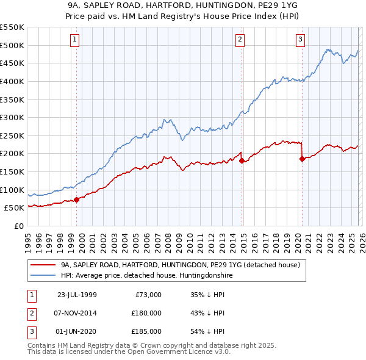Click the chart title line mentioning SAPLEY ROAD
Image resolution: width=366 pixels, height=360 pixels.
tap(182, 7)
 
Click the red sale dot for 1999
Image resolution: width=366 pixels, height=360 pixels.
tap(77, 200)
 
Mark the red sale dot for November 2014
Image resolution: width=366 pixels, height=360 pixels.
tap(242, 161)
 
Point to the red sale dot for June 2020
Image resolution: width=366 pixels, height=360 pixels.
tap(302, 159)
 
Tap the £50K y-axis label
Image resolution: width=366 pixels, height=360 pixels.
tap(14, 208)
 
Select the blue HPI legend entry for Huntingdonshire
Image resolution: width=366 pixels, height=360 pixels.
tap(146, 276)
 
